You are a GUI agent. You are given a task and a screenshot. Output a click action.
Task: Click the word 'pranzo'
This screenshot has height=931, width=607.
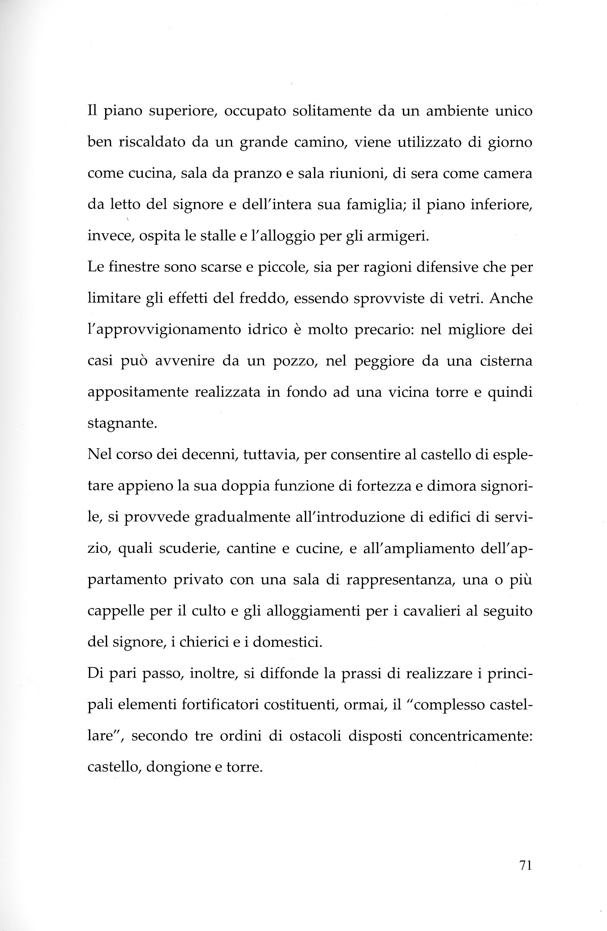(x=258, y=174)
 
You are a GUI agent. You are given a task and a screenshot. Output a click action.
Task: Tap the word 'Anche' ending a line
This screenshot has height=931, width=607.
(x=510, y=298)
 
